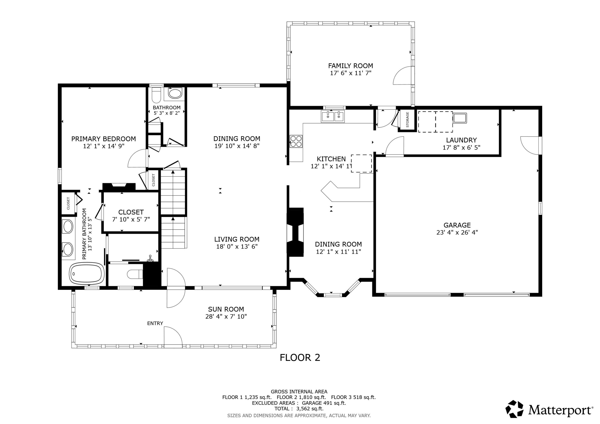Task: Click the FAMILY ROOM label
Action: coord(350,66)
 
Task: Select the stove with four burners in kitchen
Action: coord(296,141)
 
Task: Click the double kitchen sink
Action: coord(333,116)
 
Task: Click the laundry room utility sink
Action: coord(460,118)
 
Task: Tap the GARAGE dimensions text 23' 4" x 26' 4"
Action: coord(457,232)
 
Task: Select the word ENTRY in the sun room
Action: coord(155,323)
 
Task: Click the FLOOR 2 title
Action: coord(300,358)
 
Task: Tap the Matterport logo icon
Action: coord(514,409)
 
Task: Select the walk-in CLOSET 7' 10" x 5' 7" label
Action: coord(131,215)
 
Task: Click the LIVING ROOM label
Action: coord(237,239)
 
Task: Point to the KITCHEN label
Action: coord(331,159)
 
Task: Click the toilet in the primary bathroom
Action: coord(135,274)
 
